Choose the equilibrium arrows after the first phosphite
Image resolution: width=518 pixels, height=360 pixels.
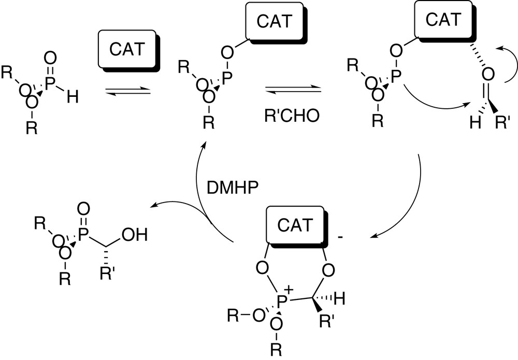coord(127,92)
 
